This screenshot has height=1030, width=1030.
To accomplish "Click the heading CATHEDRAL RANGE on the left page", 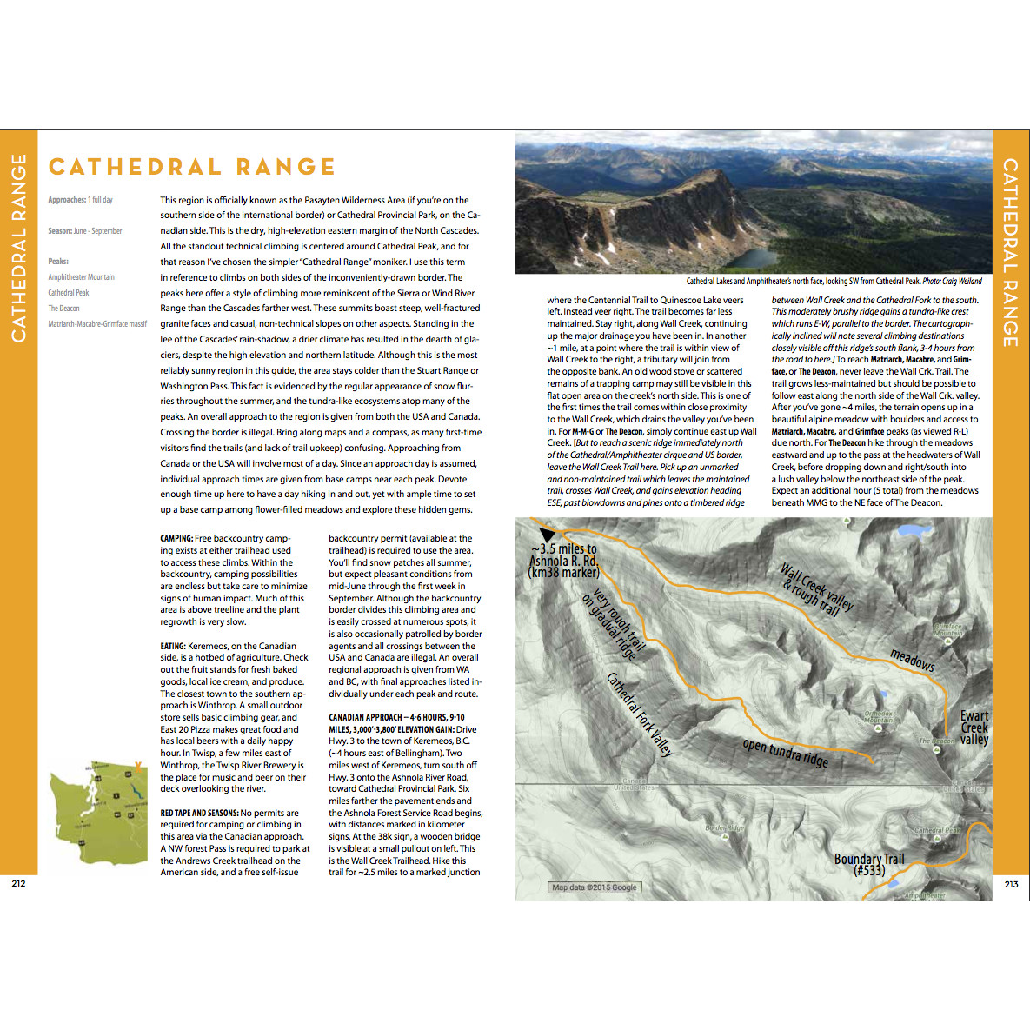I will pyautogui.click(x=192, y=167).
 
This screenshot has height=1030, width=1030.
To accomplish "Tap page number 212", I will pyautogui.click(x=18, y=883).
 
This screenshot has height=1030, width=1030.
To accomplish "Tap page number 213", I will pyautogui.click(x=1011, y=884).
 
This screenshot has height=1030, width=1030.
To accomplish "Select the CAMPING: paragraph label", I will pyautogui.click(x=176, y=539).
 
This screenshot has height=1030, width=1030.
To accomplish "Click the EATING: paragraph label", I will pyautogui.click(x=173, y=646).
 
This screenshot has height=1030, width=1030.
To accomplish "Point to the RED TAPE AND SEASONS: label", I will pyautogui.click(x=199, y=813).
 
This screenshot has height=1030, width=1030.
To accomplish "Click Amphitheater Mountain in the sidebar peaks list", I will pyautogui.click(x=81, y=277).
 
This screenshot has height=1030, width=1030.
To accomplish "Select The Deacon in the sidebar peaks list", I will pyautogui.click(x=63, y=309).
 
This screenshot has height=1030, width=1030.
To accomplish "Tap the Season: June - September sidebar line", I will pyautogui.click(x=85, y=231).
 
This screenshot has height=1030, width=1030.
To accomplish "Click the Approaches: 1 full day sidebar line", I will pyautogui.click(x=80, y=200).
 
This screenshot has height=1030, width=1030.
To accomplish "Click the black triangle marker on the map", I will pyautogui.click(x=547, y=534).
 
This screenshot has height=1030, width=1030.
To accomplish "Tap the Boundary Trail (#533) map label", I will pyautogui.click(x=869, y=864).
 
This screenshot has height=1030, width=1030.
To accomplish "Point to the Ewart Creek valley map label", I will pyautogui.click(x=974, y=728).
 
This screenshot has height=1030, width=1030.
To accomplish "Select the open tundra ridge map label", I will pyautogui.click(x=785, y=753).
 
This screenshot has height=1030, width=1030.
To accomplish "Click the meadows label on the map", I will pyautogui.click(x=912, y=660).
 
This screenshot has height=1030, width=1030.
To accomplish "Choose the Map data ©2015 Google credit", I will pyautogui.click(x=595, y=887).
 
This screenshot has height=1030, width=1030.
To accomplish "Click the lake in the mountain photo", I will pyautogui.click(x=752, y=258).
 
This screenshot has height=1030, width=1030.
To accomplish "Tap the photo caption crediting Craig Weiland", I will pyautogui.click(x=834, y=282).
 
